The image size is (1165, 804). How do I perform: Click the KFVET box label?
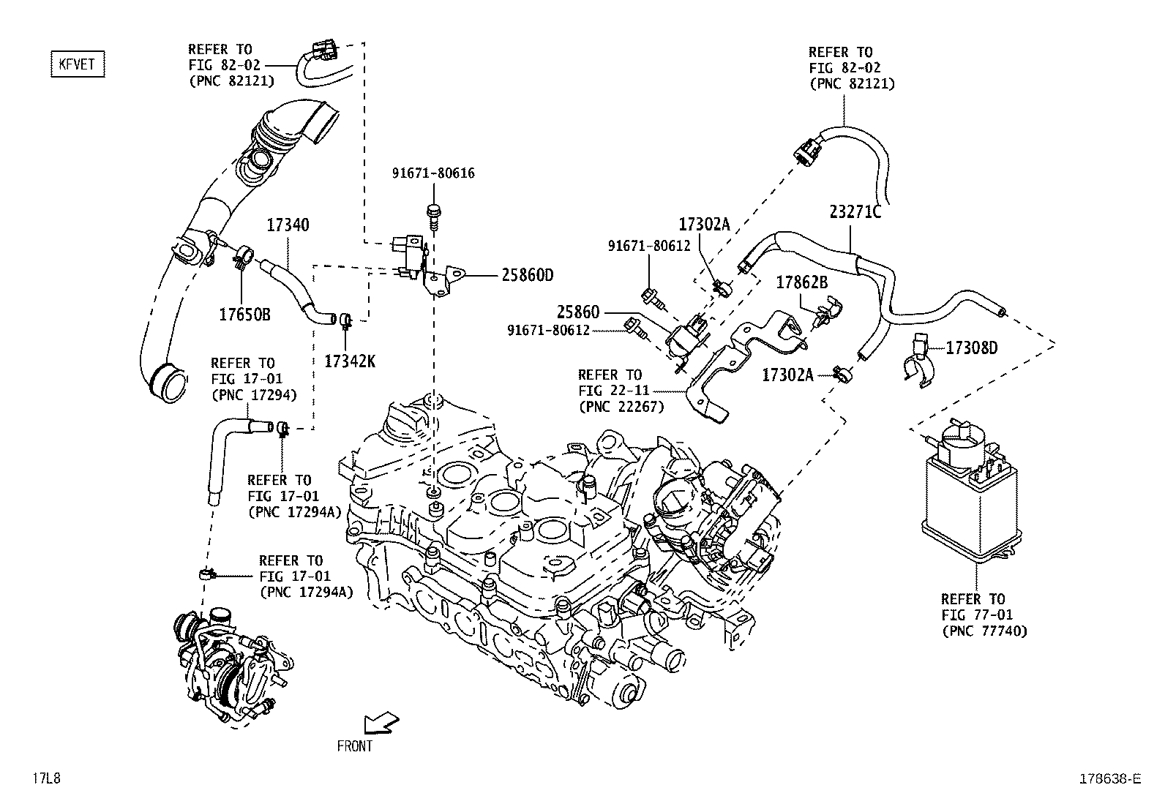(x=78, y=64)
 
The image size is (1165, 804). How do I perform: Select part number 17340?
(x=287, y=225)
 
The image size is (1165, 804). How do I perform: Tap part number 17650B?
(x=245, y=315)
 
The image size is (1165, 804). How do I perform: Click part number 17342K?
(x=350, y=361)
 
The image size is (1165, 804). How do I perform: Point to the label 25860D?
(x=528, y=275)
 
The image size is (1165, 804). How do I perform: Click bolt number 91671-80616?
(x=433, y=173)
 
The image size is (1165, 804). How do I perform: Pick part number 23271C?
(x=855, y=212)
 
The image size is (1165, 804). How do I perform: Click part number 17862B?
(x=801, y=282)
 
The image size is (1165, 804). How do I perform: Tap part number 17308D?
(x=971, y=347)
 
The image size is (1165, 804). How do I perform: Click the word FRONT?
(x=355, y=746)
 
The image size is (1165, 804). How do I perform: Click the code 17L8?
(x=45, y=778)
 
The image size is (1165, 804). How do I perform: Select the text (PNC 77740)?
(x=984, y=631)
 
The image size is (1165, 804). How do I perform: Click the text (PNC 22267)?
(x=621, y=407)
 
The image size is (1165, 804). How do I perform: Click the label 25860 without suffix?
(x=577, y=312)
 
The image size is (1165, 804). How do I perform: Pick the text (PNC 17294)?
(x=253, y=395)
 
